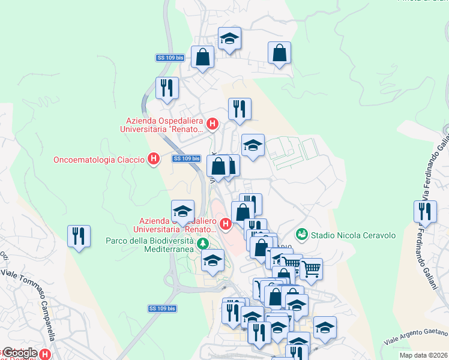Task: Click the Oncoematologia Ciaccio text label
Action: click(x=99, y=160)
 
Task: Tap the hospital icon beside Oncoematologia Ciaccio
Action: click(x=154, y=159)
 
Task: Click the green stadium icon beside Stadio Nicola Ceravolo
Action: click(x=302, y=233)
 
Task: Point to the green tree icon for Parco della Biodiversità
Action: click(x=203, y=244)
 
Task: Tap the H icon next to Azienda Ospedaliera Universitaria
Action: click(x=211, y=124)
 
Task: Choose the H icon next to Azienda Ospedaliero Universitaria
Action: click(x=226, y=224)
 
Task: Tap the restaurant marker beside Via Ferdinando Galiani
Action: click(x=425, y=212)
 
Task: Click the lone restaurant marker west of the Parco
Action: click(x=79, y=236)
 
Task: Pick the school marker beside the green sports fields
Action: click(x=253, y=145)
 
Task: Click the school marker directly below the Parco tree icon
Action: click(x=211, y=261)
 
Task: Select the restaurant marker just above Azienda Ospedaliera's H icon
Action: click(x=240, y=110)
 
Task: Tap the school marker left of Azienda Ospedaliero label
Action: click(x=182, y=211)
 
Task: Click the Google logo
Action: click(x=20, y=353)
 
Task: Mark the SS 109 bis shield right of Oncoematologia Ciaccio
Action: click(x=185, y=158)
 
